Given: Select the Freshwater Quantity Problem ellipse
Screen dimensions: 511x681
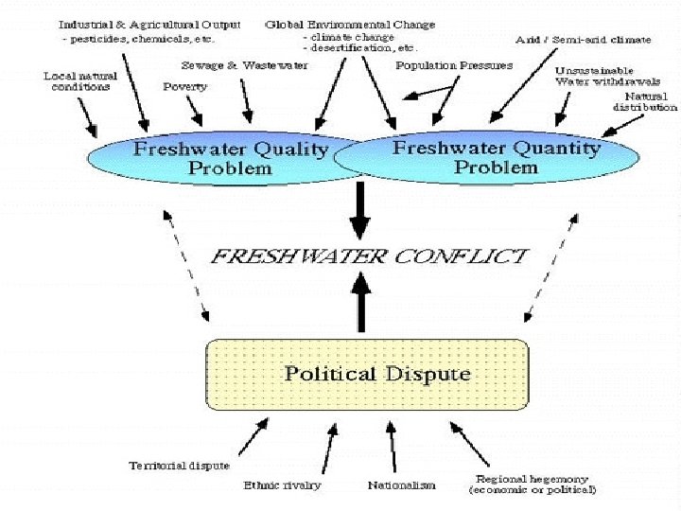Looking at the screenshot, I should [x=496, y=157].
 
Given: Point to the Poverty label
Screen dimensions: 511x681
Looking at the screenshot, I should [x=184, y=86].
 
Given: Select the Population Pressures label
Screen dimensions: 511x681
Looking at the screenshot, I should [x=454, y=66].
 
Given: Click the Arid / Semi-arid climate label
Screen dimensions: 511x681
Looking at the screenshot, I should [x=583, y=40].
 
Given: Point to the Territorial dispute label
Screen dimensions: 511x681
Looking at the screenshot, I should [x=179, y=466].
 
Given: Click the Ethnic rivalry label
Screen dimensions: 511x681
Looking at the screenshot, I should [x=282, y=485].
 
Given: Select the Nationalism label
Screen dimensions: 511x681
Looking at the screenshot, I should [x=401, y=485].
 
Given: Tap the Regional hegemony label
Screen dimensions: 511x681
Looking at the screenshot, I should [x=532, y=484].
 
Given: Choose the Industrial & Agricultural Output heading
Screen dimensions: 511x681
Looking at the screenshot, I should [x=149, y=24].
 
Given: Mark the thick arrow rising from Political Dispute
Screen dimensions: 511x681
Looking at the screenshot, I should [x=359, y=300].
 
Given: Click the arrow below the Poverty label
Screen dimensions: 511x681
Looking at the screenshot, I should [x=196, y=111].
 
